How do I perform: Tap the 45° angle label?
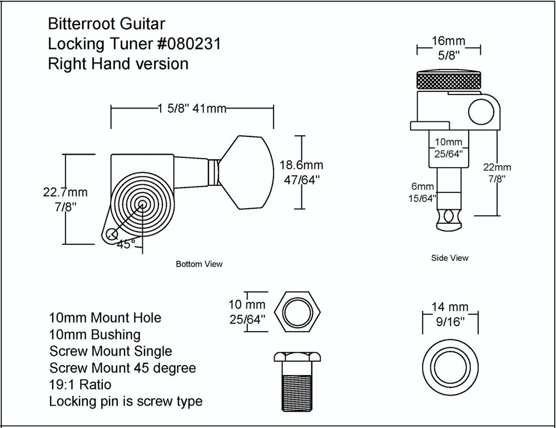tap(126, 244)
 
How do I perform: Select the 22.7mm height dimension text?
tap(66, 193)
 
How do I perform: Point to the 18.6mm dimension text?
tap(301, 166)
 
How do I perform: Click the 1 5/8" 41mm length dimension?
tap(192, 109)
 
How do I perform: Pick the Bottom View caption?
tap(198, 264)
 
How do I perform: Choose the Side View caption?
tap(450, 258)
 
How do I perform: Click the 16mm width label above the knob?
tap(449, 41)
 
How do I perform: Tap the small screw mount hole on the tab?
tap(112, 234)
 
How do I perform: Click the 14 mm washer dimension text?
tap(450, 307)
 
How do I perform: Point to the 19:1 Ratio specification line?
tap(80, 384)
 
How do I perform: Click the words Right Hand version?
tap(118, 63)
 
